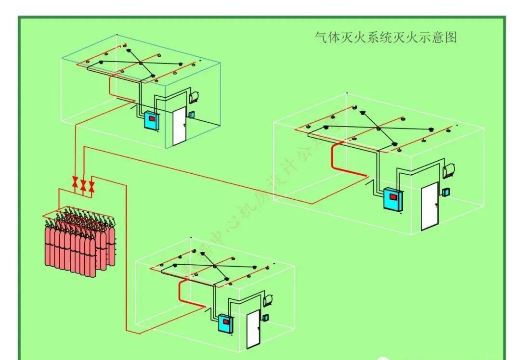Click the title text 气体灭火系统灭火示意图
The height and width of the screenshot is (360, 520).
[x=385, y=38]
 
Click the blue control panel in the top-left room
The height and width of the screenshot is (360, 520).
[x=151, y=121]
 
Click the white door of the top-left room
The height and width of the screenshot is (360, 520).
[x=179, y=126]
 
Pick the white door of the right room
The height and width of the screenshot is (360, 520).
[x=429, y=206]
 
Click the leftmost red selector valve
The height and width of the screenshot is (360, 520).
[x=75, y=182]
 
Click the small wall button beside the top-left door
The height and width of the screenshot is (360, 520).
[x=192, y=115]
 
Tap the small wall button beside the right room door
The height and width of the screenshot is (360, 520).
[x=446, y=192]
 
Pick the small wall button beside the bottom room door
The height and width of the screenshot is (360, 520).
[x=265, y=317]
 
